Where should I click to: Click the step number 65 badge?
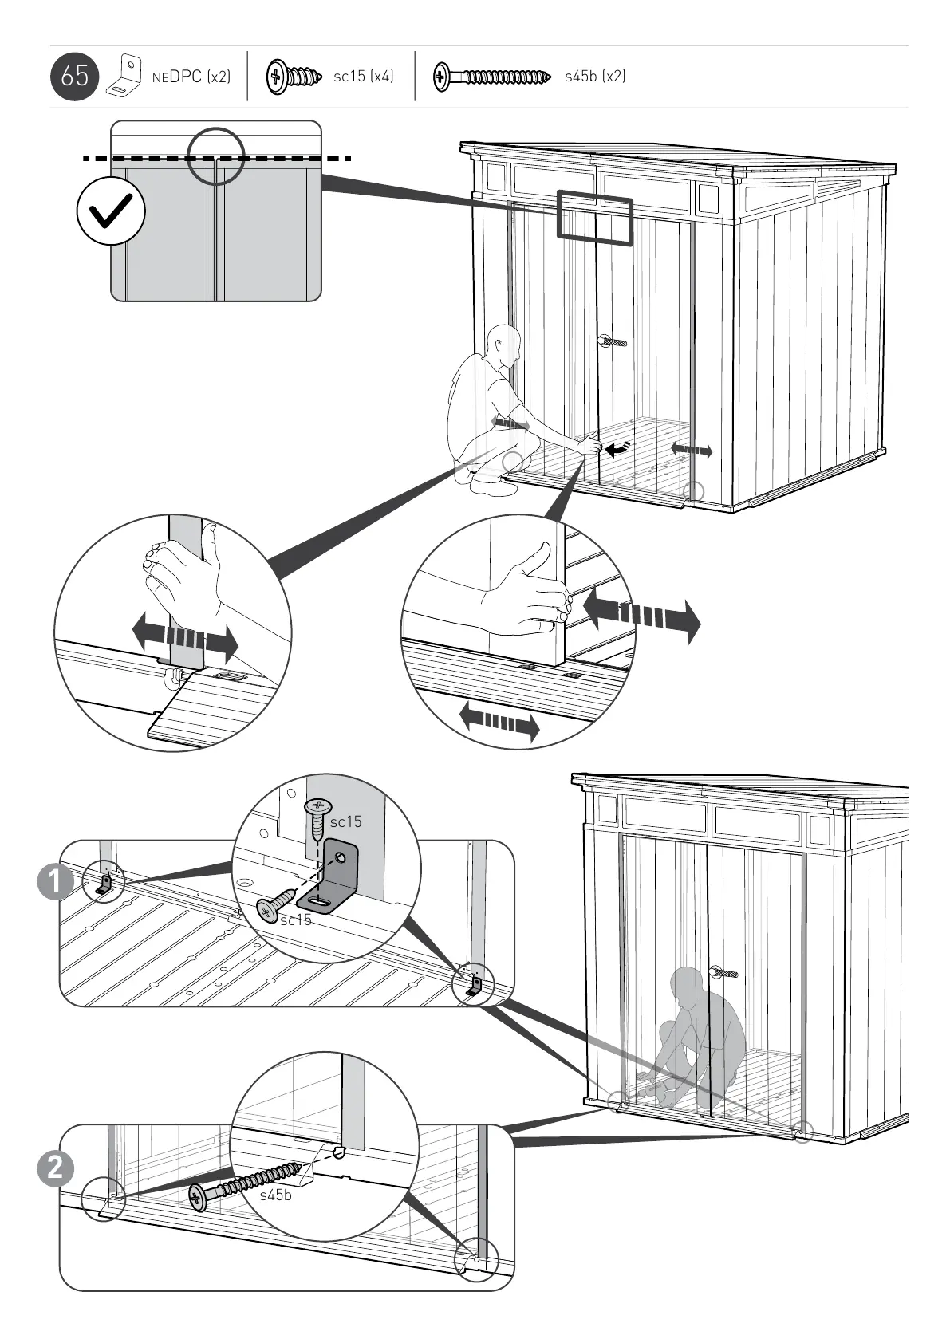click(x=74, y=77)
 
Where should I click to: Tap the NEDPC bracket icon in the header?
click(x=124, y=76)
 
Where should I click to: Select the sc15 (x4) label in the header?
click(x=363, y=77)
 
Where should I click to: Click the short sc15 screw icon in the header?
click(x=294, y=77)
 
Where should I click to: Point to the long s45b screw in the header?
click(x=491, y=77)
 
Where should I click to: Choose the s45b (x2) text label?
click(x=595, y=77)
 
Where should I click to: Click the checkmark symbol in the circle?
click(x=111, y=211)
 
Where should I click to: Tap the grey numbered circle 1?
click(x=55, y=882)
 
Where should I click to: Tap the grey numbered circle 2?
click(x=55, y=1169)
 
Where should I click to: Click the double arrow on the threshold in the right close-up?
click(x=499, y=722)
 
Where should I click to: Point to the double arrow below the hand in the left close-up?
click(x=185, y=638)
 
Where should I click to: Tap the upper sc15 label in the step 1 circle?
click(x=345, y=821)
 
